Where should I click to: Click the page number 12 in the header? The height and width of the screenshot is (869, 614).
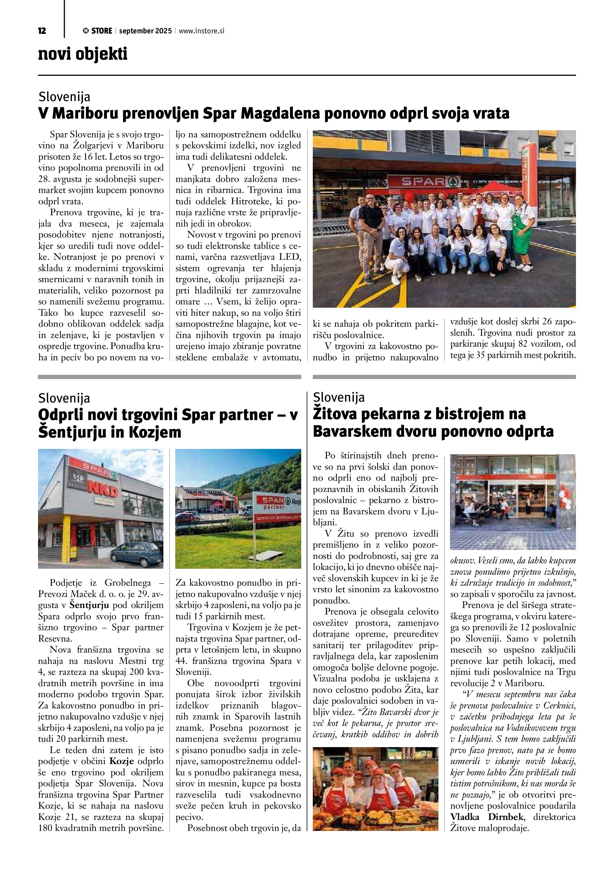click(42, 31)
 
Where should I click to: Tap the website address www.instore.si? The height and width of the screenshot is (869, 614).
click(201, 31)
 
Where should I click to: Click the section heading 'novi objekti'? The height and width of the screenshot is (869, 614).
click(83, 54)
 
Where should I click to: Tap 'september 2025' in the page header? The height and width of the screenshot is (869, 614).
click(145, 31)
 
